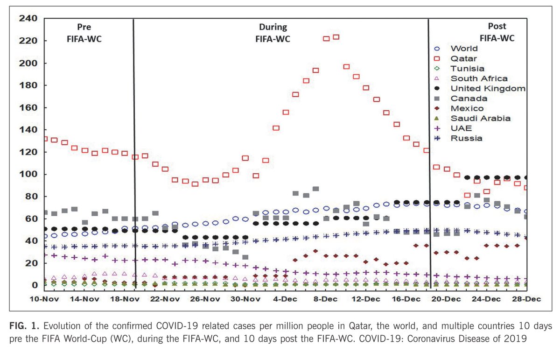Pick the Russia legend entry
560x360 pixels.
click(466, 138)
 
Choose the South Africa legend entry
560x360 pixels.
click(479, 78)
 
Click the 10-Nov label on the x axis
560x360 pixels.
click(44, 299)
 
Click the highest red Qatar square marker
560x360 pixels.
click(336, 37)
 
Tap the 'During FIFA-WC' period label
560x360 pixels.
click(273, 33)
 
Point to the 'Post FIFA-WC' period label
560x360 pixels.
click(497, 33)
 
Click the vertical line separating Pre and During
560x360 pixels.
click(134, 149)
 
